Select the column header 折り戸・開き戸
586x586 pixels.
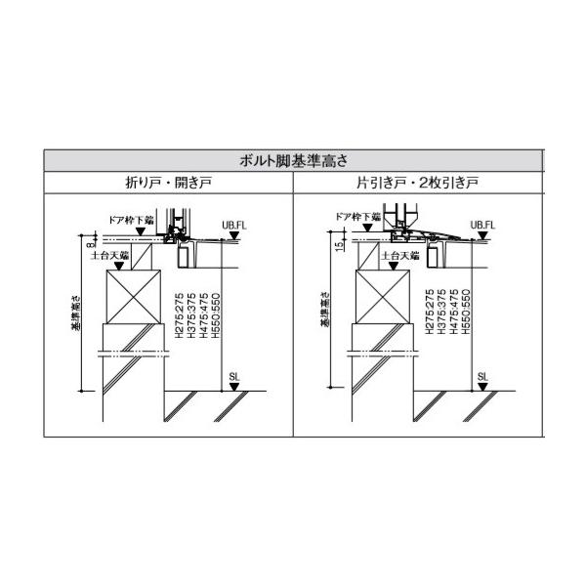coord(167,183)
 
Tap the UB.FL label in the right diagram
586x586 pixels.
coord(484,224)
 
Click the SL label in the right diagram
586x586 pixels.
coord(482,374)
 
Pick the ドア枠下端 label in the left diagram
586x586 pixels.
coord(132,221)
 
